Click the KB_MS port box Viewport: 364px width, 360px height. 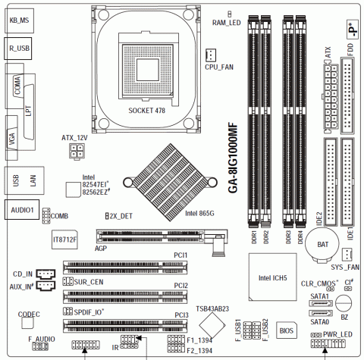(x=19, y=20)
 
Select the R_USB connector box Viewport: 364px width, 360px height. (x=17, y=49)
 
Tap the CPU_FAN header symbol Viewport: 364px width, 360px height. (x=211, y=55)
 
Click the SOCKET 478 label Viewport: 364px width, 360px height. (x=146, y=111)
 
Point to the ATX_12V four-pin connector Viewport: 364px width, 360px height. (x=77, y=151)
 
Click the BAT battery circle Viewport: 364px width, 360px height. (x=322, y=243)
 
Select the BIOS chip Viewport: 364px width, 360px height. (x=286, y=330)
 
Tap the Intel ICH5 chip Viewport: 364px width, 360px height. (x=272, y=277)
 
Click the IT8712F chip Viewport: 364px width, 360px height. (x=64, y=239)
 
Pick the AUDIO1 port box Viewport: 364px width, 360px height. (x=22, y=210)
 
